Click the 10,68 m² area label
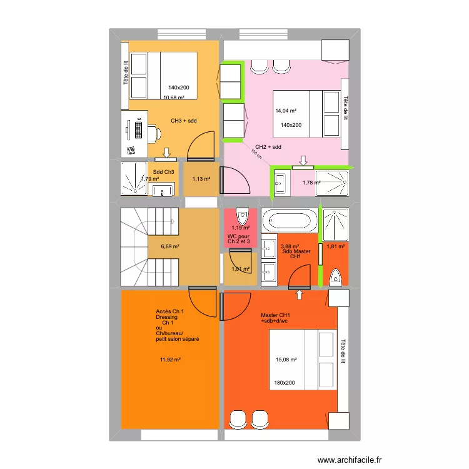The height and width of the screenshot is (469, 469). coord(174,98)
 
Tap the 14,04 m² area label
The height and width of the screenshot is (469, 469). coord(286,111)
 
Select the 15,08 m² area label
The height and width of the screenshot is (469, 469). coord(286,360)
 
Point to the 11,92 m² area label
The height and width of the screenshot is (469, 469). coord(170,360)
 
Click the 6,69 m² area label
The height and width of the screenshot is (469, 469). coord(170,246)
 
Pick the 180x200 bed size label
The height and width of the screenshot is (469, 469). coord(284,383)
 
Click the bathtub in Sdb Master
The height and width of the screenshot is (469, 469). coord(289,221)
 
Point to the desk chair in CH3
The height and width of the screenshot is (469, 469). coord(153,133)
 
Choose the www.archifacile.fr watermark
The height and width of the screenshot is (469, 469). coord(350,460)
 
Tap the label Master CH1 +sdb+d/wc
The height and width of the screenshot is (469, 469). coord(275,318)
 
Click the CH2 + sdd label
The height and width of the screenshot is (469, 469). coord(268,147)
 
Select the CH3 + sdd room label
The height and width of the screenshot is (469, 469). coord(183,120)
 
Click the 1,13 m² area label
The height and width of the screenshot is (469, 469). coord(201,179)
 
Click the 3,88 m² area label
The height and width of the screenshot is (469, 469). coord(290,246)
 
